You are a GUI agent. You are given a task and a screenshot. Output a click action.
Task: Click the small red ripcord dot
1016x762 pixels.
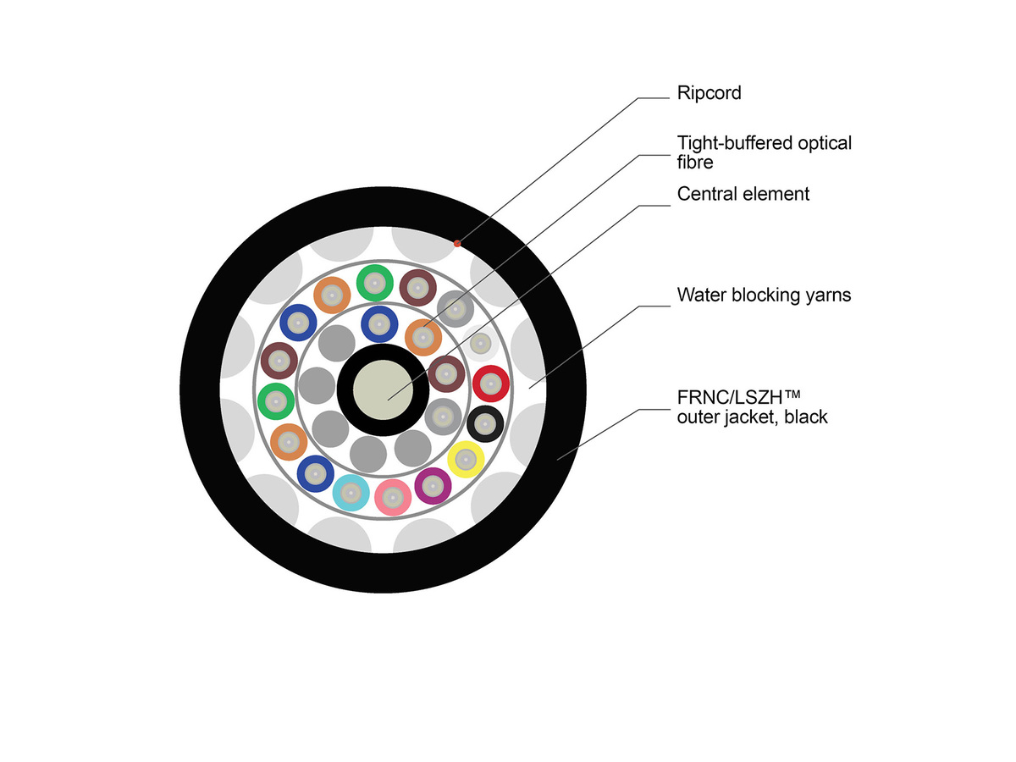[457, 243]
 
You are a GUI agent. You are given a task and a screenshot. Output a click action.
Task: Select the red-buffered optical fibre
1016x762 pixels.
[489, 384]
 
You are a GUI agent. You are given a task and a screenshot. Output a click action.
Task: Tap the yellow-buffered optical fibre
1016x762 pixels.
[465, 459]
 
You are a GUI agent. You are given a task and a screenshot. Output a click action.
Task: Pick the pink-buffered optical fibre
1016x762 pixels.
[392, 497]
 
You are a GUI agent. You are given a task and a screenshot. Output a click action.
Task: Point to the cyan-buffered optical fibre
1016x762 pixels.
[350, 492]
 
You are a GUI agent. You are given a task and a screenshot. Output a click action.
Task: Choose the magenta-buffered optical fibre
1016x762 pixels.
[433, 485]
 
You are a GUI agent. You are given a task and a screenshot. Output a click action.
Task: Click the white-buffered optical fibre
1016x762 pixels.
[480, 344]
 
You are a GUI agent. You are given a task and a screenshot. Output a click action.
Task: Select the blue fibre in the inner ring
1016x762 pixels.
[378, 323]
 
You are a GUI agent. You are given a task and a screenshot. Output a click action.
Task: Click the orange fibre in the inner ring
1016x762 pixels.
[422, 337]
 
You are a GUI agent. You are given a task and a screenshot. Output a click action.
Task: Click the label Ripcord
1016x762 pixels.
[709, 93]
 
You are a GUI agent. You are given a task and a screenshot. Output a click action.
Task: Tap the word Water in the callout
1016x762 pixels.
[702, 295]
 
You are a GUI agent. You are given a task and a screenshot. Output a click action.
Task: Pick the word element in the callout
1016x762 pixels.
[777, 194]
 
